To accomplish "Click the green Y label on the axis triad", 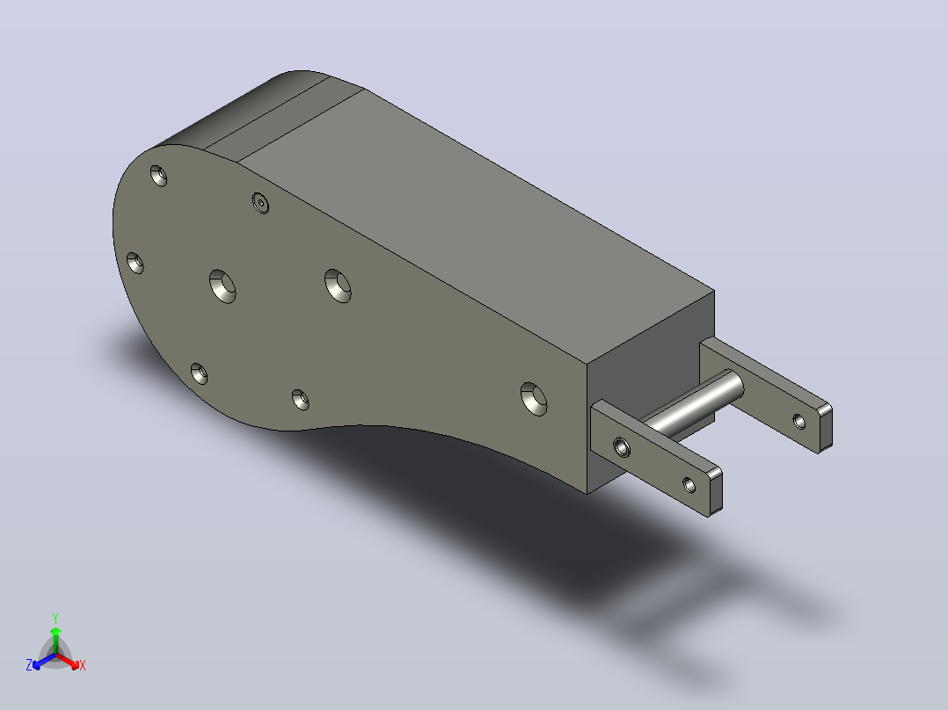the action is (x=55, y=618).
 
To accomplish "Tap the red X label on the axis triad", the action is (x=83, y=665).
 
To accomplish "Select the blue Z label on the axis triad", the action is (x=29, y=664).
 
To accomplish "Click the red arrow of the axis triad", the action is (x=68, y=661).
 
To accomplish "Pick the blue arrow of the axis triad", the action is (x=44, y=661).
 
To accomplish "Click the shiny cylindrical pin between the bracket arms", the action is (x=691, y=405).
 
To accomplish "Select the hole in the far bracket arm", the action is (x=799, y=421).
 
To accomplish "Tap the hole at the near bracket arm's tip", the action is (x=689, y=485).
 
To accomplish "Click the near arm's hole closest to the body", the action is (x=622, y=447).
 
